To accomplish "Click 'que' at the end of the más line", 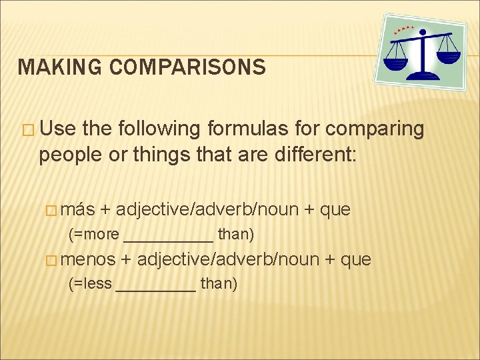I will pyautogui.click(x=335, y=210).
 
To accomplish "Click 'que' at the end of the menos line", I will pyautogui.click(x=356, y=259).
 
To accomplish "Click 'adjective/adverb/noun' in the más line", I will pyautogui.click(x=207, y=210).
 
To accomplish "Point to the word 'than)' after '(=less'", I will pyautogui.click(x=219, y=284).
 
